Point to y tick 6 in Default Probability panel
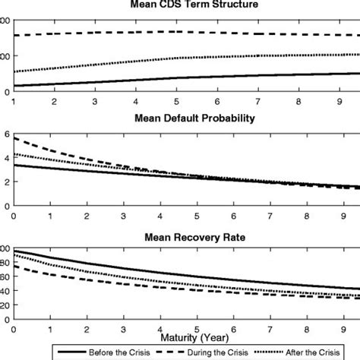point(6,134)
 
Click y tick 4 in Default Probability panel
point(6,158)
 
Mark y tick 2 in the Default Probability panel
point(6,182)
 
